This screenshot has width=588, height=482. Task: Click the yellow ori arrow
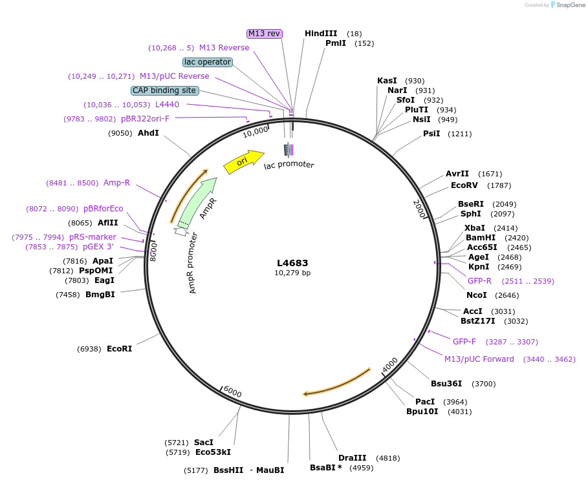point(243,162)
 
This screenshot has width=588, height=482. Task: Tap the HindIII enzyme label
point(321,34)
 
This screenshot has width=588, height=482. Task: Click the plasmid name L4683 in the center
point(292,263)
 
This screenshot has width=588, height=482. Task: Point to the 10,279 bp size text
point(292,273)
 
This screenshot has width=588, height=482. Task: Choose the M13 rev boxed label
point(265,34)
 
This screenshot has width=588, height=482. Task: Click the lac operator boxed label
point(208,62)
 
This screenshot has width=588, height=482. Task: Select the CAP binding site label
point(165,90)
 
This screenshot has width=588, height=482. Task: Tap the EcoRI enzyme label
point(119,349)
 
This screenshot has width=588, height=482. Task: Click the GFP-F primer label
point(464,342)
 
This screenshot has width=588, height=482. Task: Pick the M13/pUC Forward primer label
point(479,359)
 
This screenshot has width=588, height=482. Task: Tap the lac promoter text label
point(289,165)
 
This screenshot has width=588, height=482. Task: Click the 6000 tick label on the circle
point(232,393)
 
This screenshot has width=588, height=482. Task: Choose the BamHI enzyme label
point(481,237)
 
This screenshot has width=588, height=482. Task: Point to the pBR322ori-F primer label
point(145,119)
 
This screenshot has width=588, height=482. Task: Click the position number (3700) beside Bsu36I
point(484,384)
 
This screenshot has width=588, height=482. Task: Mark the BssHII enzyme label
point(228,470)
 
